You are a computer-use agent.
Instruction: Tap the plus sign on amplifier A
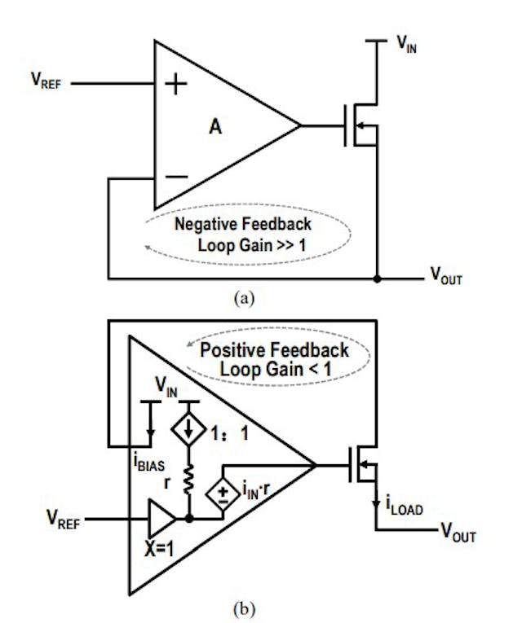[x=174, y=84]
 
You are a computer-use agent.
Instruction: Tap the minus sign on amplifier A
[x=174, y=176]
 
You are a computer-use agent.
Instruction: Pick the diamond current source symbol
[x=188, y=430]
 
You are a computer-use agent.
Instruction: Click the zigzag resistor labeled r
[x=188, y=480]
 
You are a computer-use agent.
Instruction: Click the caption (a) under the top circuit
[x=245, y=300]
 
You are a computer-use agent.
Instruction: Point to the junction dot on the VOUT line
[x=377, y=279]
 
